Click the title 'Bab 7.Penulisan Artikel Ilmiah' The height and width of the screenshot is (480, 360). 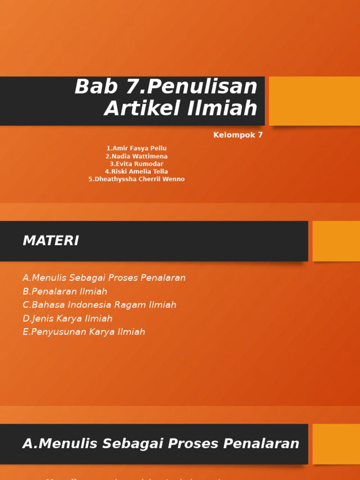pyautogui.click(x=166, y=97)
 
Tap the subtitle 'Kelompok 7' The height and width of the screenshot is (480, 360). pyautogui.click(x=238, y=135)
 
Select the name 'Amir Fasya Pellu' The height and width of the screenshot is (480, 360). pyautogui.click(x=136, y=149)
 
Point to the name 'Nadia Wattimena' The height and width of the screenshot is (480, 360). pyautogui.click(x=136, y=156)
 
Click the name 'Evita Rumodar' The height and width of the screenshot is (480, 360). pyautogui.click(x=136, y=164)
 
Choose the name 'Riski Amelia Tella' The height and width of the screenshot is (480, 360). pyautogui.click(x=136, y=172)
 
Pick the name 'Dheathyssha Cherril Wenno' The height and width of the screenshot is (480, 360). pyautogui.click(x=136, y=179)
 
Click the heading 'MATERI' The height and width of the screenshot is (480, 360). pyautogui.click(x=51, y=241)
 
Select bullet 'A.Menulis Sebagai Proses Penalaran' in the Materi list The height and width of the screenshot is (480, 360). pyautogui.click(x=104, y=278)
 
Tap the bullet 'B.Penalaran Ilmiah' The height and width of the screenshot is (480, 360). pyautogui.click(x=65, y=292)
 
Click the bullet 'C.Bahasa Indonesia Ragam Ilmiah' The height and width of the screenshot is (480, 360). pyautogui.click(x=99, y=305)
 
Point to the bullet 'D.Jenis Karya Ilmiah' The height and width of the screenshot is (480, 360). pyautogui.click(x=67, y=319)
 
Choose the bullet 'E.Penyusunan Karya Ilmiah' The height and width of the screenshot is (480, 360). pyautogui.click(x=84, y=332)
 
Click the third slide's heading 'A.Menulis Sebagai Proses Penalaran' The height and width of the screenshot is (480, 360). pyautogui.click(x=161, y=443)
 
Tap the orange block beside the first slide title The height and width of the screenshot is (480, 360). pyautogui.click(x=314, y=101)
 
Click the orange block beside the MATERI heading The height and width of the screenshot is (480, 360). pyautogui.click(x=336, y=241)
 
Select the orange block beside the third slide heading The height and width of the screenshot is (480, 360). pyautogui.click(x=336, y=444)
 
